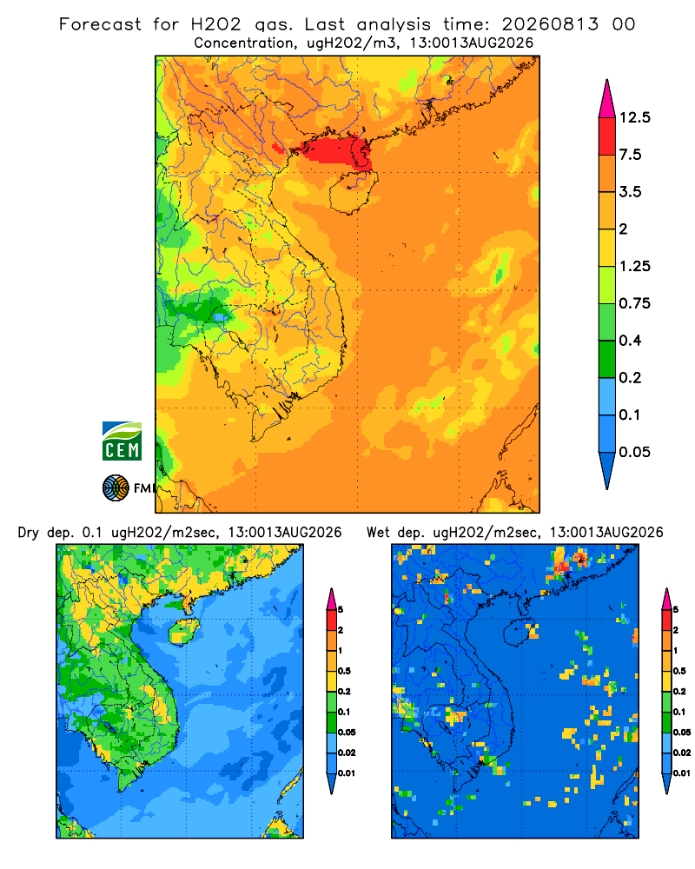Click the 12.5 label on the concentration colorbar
634,117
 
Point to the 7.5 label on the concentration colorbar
630,155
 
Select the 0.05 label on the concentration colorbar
634,452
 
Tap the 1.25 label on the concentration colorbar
634,266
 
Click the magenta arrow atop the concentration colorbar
607,100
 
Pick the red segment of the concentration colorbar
607,136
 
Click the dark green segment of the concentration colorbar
607,359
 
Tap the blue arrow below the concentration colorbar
607,470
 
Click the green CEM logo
122,441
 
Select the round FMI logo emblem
116,488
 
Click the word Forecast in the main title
100,24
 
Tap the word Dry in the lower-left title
29,533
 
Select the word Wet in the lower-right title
379,533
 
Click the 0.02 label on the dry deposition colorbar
347,753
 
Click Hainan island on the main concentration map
354,192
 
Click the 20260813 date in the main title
550,24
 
